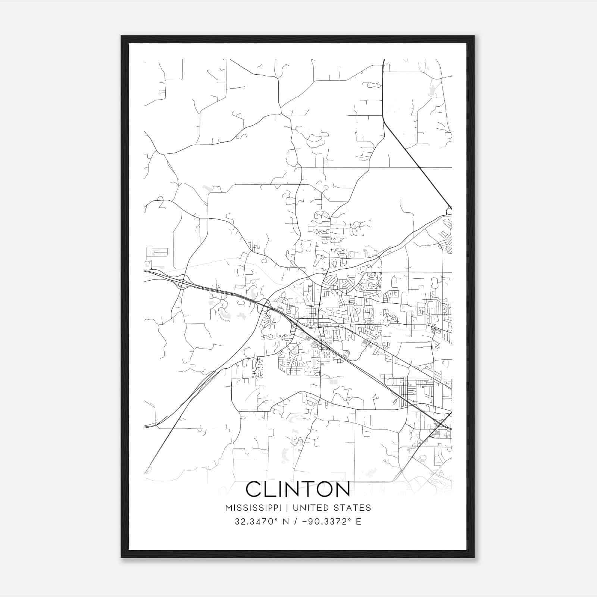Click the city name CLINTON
[x=298, y=489]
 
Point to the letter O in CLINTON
[x=321, y=489]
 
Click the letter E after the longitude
[x=359, y=522]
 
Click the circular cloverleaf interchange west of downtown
[x=265, y=307]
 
